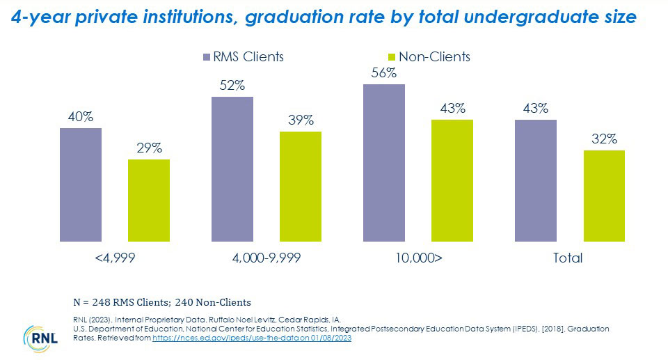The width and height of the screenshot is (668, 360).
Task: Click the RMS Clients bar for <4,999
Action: click(x=81, y=182)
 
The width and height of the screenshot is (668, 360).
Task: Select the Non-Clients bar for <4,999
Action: click(x=148, y=198)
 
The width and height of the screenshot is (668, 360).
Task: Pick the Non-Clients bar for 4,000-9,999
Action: click(x=300, y=185)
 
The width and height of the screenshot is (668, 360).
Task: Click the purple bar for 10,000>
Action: click(x=383, y=161)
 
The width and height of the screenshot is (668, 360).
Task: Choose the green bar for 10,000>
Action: click(x=452, y=178)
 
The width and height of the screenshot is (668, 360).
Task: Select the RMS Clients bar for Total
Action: click(x=535, y=178)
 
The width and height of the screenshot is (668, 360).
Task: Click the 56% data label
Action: click(x=384, y=72)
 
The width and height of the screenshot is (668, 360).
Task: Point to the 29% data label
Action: click(x=149, y=148)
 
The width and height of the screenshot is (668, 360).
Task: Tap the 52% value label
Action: click(x=232, y=85)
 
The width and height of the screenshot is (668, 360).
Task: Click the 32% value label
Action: click(x=604, y=139)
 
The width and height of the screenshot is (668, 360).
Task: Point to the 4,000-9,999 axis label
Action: click(x=267, y=258)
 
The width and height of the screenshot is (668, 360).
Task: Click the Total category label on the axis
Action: click(x=567, y=258)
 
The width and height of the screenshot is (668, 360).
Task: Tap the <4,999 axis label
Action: click(x=114, y=258)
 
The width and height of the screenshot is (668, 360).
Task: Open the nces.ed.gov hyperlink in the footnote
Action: click(x=250, y=337)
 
